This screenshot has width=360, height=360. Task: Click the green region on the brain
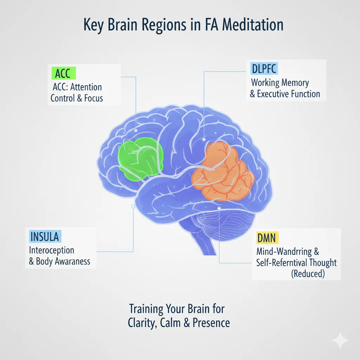[140, 155]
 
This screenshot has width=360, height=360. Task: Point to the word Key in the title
[95, 25]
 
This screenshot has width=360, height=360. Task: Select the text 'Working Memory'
[280, 83]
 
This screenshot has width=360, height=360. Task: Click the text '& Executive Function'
[285, 94]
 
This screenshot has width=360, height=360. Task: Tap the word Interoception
[51, 251]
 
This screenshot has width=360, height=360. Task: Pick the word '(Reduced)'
[308, 274]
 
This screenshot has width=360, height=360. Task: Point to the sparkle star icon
[340, 340]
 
